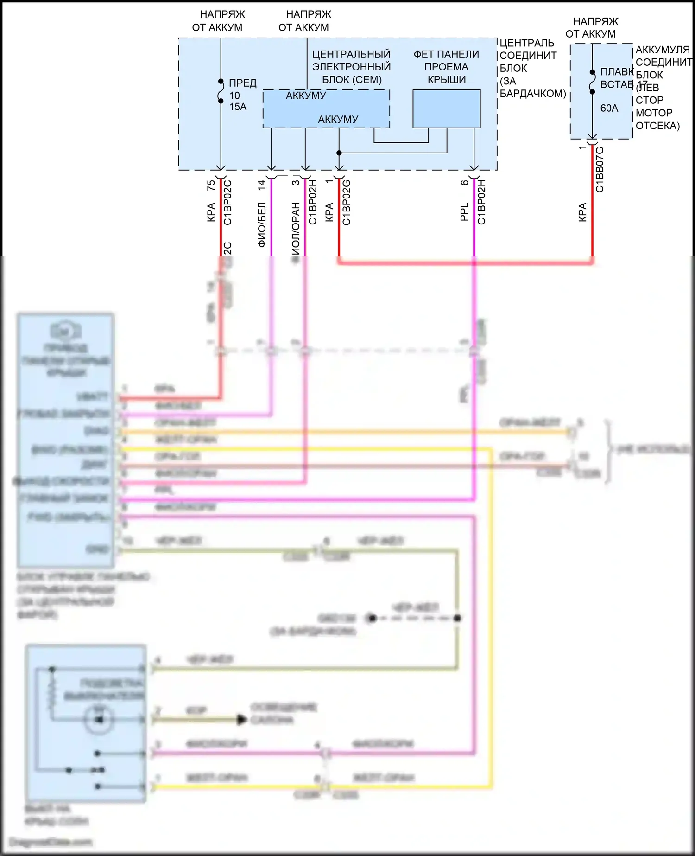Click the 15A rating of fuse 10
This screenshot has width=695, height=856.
pos(238,107)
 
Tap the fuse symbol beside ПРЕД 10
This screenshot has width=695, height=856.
pos(221,91)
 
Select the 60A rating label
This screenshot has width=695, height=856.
pos(609,108)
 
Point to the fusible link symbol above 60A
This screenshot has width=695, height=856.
pos(592,82)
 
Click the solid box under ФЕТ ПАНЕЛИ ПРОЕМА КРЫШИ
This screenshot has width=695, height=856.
pos(446,109)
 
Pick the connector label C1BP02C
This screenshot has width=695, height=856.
pos(227,203)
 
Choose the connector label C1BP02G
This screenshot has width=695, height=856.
pos(347,203)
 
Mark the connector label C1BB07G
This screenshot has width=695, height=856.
pos(600,169)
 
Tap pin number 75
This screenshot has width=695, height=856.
pos(211,185)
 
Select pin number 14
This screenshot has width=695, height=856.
pos(262,185)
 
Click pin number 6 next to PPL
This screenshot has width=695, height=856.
pos(465,183)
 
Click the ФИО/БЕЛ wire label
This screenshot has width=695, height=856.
pos(262,224)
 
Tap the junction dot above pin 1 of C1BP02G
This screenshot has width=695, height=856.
pos(339,153)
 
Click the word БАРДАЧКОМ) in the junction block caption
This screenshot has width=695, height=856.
pos(533,93)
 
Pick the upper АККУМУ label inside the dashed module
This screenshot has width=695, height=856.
pos(306,96)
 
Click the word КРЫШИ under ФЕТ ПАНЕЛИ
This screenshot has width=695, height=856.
pos(447,79)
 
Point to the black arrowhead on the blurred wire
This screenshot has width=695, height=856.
pos(241,720)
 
